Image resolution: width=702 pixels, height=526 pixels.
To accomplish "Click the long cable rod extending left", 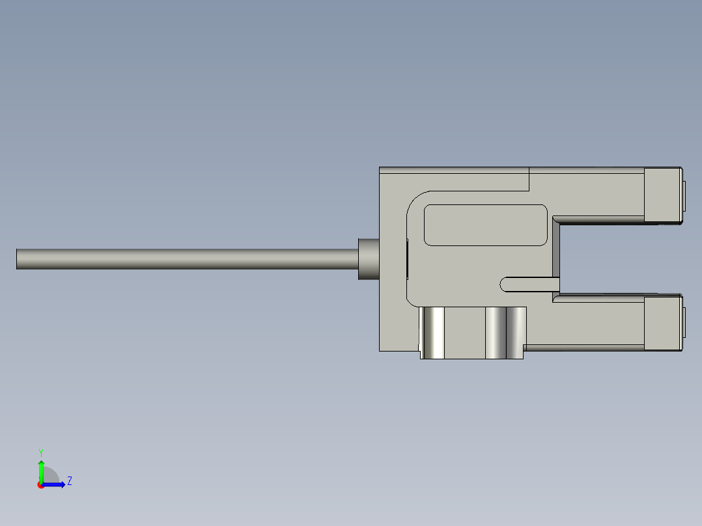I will tap(182, 258).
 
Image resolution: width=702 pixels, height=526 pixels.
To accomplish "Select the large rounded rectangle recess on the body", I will tap(485, 225).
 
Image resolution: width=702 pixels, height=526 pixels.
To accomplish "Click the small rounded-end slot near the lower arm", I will tap(529, 284).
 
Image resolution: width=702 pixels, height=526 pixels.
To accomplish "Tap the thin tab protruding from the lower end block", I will tap(684, 323).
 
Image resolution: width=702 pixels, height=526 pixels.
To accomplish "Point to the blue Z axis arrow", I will tap(56, 484).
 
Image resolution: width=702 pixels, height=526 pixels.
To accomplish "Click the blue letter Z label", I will tap(69, 481).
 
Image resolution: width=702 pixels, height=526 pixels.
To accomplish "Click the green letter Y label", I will tap(40, 452).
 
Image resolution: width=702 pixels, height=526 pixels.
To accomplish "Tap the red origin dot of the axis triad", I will tap(41, 485).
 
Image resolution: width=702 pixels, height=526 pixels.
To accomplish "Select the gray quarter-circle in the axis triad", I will tap(51, 476).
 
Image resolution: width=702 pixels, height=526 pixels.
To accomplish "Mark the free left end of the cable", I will tap(18, 258).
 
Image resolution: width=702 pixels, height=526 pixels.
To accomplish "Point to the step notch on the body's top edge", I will tap(529, 179).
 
